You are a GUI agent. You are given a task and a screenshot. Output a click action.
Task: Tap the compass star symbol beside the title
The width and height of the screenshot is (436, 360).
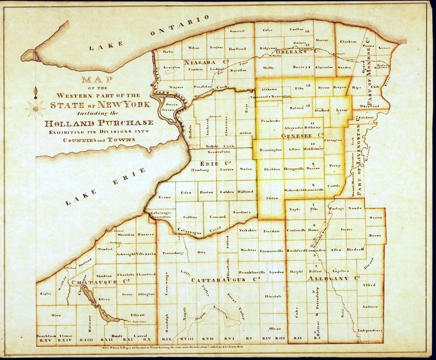35,105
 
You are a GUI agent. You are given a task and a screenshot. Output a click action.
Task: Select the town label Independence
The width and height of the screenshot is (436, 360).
370,331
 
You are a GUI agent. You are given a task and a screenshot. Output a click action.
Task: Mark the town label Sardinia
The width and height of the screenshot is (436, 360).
241,212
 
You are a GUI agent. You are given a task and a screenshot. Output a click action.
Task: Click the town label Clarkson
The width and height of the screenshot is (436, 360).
348,41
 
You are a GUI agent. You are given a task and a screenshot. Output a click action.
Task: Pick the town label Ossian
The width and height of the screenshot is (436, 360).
376,218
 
